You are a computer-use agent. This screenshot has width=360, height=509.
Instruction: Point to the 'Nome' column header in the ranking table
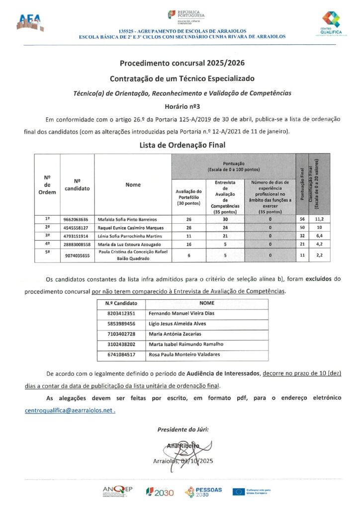(133, 184)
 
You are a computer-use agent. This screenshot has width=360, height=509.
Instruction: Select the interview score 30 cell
(225, 219)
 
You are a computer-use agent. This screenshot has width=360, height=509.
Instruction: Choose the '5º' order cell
(47, 254)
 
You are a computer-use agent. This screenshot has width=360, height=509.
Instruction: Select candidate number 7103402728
(120, 334)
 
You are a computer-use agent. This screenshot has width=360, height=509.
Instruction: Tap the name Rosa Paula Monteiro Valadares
(184, 354)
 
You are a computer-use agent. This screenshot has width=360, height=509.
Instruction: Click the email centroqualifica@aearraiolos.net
(70, 411)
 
